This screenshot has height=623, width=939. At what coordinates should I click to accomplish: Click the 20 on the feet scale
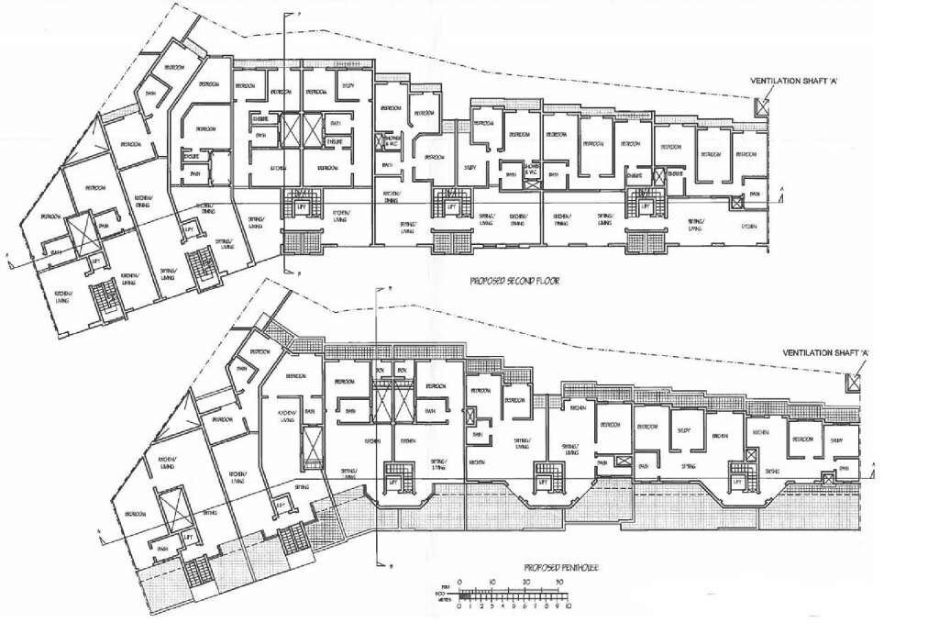click(525, 582)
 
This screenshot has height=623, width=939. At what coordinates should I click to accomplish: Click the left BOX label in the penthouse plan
click(380, 370)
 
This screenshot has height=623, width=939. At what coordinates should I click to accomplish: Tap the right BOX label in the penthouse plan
click(401, 370)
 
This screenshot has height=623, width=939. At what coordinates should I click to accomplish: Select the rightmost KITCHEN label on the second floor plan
click(749, 226)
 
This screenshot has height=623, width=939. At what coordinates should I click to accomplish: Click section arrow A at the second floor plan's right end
click(780, 189)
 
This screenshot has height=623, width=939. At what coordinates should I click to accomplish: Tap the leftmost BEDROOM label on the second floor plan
click(51, 217)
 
